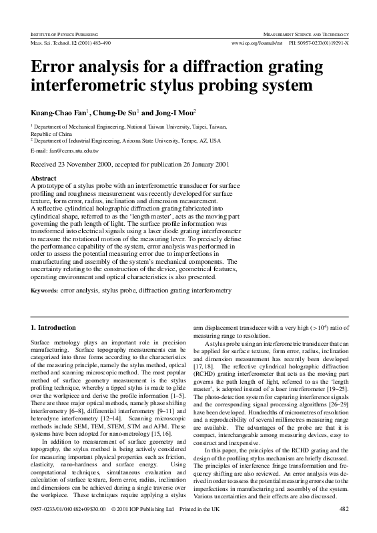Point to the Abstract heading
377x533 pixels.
(x=45, y=179)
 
